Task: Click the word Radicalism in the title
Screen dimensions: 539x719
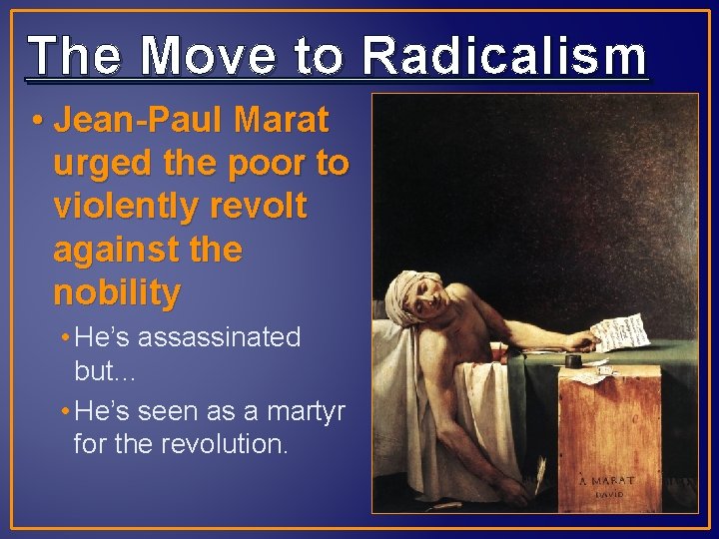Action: pos(504,56)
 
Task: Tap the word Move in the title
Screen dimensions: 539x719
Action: pos(207,56)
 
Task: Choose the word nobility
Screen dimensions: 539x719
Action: pos(117,293)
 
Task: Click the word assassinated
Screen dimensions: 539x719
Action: pos(219,337)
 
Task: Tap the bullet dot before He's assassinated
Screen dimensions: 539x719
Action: pos(65,338)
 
